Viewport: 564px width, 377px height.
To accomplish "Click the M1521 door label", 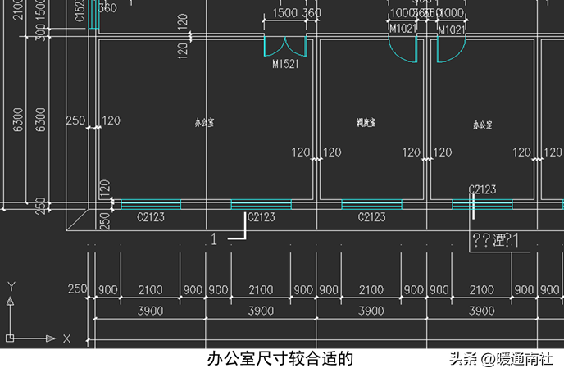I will point(284,64).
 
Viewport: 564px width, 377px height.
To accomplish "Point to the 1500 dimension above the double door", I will point(284,14).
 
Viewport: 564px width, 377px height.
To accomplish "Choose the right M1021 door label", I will point(452,30).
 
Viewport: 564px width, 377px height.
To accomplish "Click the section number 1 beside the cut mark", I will point(215,238).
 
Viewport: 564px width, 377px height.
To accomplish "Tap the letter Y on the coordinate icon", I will point(11,286).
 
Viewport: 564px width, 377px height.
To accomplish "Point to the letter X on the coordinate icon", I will point(66,338).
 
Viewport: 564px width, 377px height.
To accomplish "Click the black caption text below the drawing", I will point(280,359).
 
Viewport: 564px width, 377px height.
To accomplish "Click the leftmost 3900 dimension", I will point(149,311).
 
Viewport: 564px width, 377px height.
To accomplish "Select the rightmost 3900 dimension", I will point(481,311).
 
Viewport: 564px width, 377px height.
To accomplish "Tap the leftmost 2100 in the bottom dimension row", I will point(149,290).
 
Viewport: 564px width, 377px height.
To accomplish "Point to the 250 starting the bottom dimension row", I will point(77,290).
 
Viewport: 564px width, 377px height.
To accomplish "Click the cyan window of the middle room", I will point(371,204).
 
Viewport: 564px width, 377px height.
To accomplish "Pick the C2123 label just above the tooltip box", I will point(482,189).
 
